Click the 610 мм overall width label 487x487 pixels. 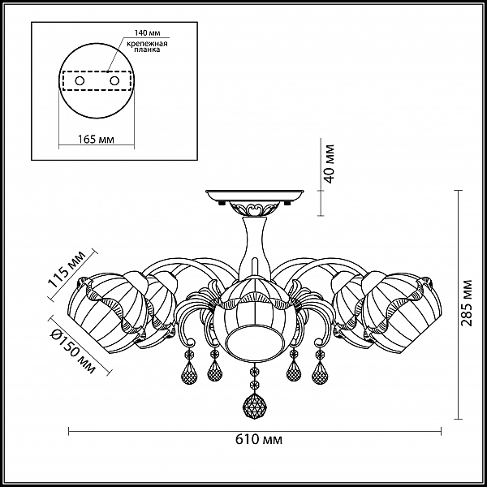pos(259,440)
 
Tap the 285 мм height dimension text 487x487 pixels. pos(466,303)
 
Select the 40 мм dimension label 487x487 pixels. pos(328,164)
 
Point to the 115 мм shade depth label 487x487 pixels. pos(66,269)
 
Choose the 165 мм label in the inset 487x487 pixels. pos(96,139)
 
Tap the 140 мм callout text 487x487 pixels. pos(147,33)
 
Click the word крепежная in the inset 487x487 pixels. pos(147,44)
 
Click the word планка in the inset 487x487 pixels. pos(147,50)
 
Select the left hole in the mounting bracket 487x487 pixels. pos(80,81)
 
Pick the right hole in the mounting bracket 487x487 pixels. pos(114,81)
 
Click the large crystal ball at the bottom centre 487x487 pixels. pos(255,407)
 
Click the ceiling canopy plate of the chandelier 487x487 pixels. pos(255,196)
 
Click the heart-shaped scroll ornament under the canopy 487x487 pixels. pos(255,209)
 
